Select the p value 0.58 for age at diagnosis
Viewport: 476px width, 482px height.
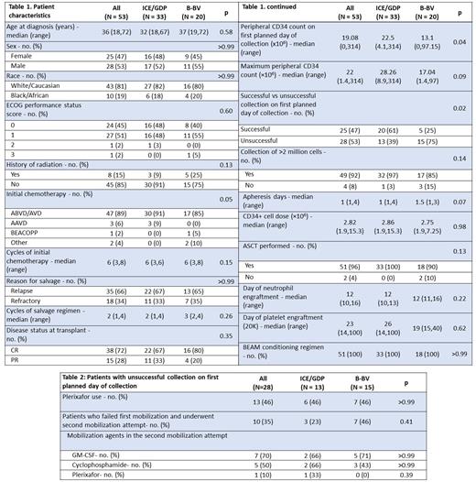[224, 32]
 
